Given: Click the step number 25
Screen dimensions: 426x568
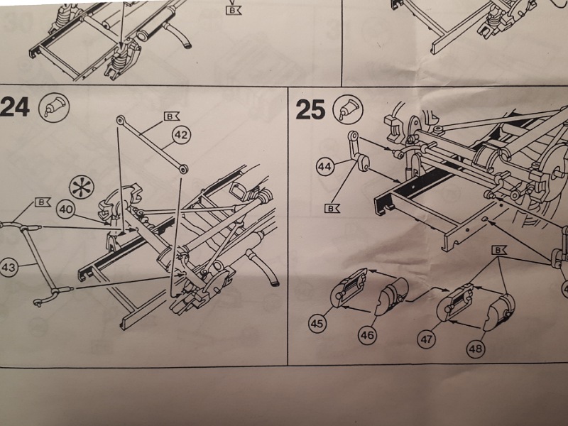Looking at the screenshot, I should click(x=310, y=109).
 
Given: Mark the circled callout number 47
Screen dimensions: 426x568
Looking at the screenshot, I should click(x=426, y=339).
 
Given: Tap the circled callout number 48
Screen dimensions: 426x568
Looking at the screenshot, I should click(x=475, y=348).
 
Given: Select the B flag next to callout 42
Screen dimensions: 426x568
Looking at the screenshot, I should click(x=172, y=114).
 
